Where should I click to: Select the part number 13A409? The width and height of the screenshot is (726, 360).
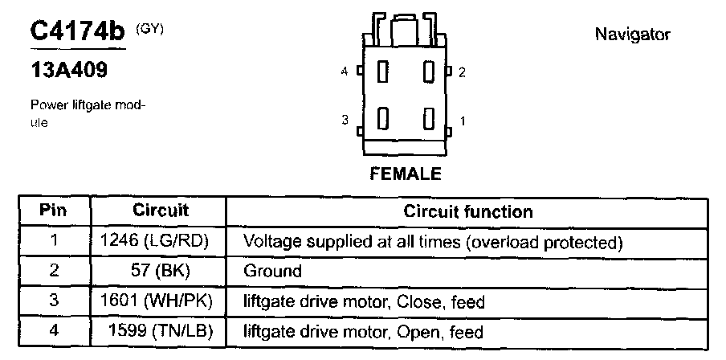[68, 71]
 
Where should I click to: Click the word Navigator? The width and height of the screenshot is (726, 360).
[632, 35]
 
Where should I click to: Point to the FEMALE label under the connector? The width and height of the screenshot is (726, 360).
[405, 174]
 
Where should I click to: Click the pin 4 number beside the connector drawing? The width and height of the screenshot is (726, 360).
[345, 72]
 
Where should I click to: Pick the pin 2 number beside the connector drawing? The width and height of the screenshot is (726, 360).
[462, 72]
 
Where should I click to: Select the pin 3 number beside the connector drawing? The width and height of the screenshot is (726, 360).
[345, 121]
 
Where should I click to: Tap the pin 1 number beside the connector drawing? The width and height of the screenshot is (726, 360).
[462, 121]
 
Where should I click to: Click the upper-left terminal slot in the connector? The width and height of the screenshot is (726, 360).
[382, 72]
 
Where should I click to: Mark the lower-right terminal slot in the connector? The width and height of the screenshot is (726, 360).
[429, 121]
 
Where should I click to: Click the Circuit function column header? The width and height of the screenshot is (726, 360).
[467, 212]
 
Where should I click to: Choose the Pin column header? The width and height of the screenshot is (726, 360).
[54, 211]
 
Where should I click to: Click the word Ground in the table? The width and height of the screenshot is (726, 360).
[272, 272]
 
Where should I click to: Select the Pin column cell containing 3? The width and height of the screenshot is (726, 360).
[54, 301]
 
